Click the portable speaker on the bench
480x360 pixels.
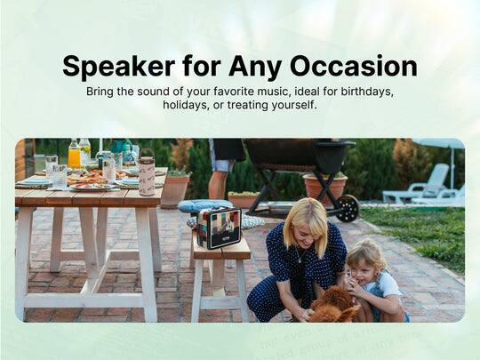tap(220, 228)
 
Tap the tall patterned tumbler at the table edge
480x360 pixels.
tap(147, 175)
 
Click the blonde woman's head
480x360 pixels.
tap(304, 221)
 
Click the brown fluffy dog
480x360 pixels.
tap(333, 304)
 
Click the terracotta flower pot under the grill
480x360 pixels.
tap(325, 186)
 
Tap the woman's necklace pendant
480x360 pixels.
tap(300, 260)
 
